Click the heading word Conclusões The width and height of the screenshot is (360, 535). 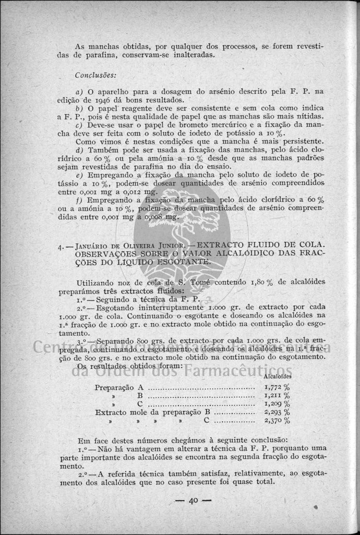click(93, 75)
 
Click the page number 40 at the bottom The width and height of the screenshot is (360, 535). click(193, 501)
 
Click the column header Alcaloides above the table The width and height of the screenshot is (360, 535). click(278, 376)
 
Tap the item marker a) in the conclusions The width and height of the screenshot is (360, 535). click(80, 91)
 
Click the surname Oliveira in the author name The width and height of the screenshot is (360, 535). click(129, 245)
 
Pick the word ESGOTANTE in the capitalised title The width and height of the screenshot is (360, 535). click(186, 261)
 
